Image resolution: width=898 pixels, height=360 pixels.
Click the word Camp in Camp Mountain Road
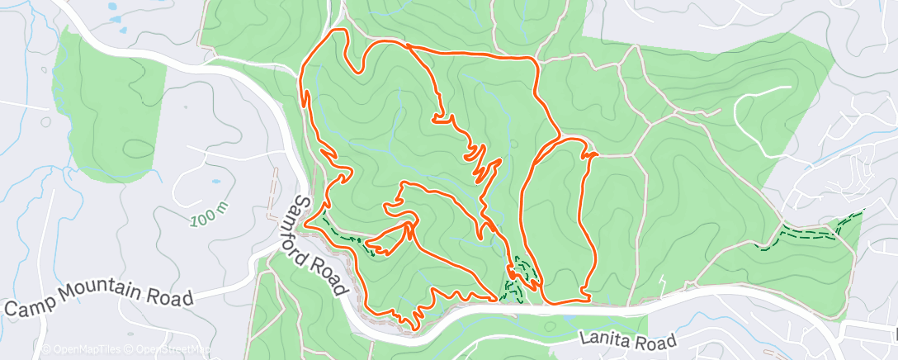(27, 307)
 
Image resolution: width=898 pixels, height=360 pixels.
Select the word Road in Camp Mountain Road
(171, 296)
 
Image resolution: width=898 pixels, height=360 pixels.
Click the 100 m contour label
(207, 216)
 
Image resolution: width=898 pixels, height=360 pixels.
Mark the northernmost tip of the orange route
(336, 31)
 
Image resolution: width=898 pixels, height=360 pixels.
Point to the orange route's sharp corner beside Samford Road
(306, 223)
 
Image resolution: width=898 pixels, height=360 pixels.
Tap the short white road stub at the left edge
(12, 103)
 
